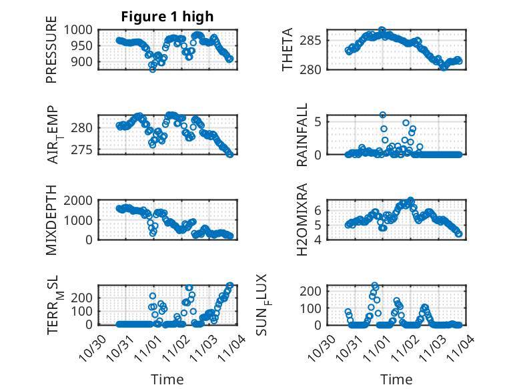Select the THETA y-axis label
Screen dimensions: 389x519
288,50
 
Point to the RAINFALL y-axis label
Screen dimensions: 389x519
302,135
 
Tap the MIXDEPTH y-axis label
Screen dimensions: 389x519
51,220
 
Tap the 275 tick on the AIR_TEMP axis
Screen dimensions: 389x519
85,149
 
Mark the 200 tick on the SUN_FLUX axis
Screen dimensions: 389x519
322,291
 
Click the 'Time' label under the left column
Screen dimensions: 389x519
167,379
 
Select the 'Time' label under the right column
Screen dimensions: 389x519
396,379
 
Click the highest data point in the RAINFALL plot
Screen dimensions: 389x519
383,115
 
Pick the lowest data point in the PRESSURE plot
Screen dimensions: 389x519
153,69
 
